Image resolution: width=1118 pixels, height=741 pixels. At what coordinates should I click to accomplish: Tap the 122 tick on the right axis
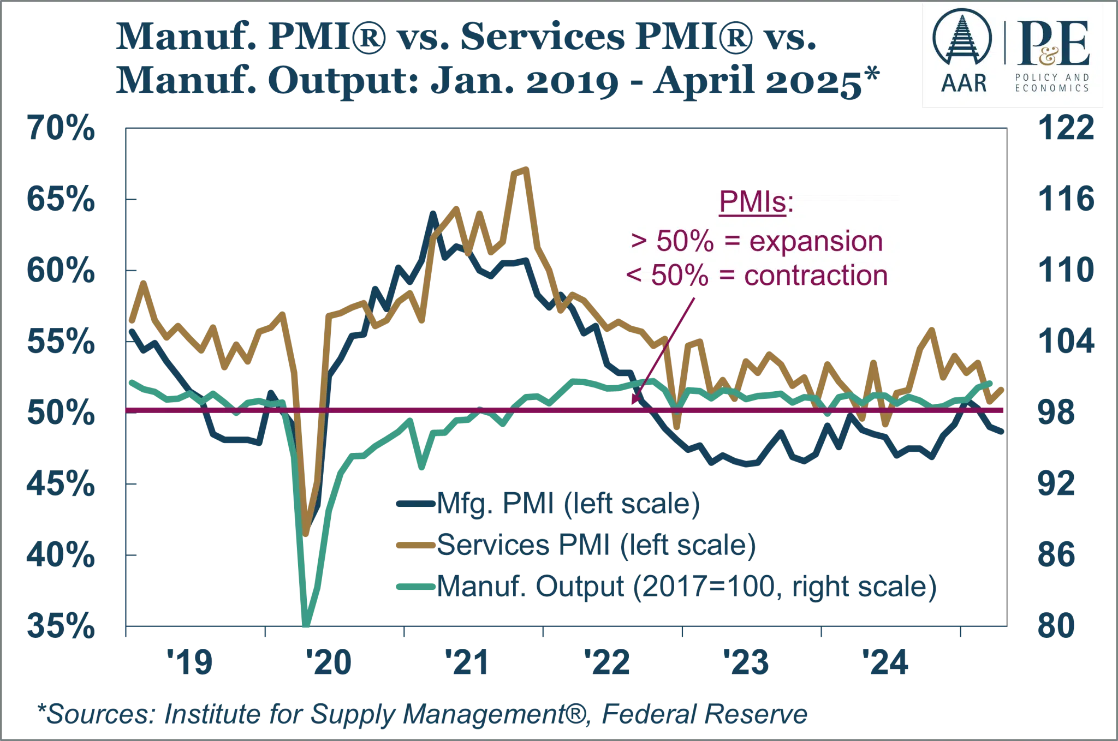pos(1066,128)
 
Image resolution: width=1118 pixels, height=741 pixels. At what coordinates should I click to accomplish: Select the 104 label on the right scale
pos(1066,340)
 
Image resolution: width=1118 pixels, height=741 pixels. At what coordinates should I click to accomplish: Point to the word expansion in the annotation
pos(816,241)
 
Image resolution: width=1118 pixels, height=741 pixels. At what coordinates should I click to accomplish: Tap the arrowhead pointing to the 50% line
pos(634,402)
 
